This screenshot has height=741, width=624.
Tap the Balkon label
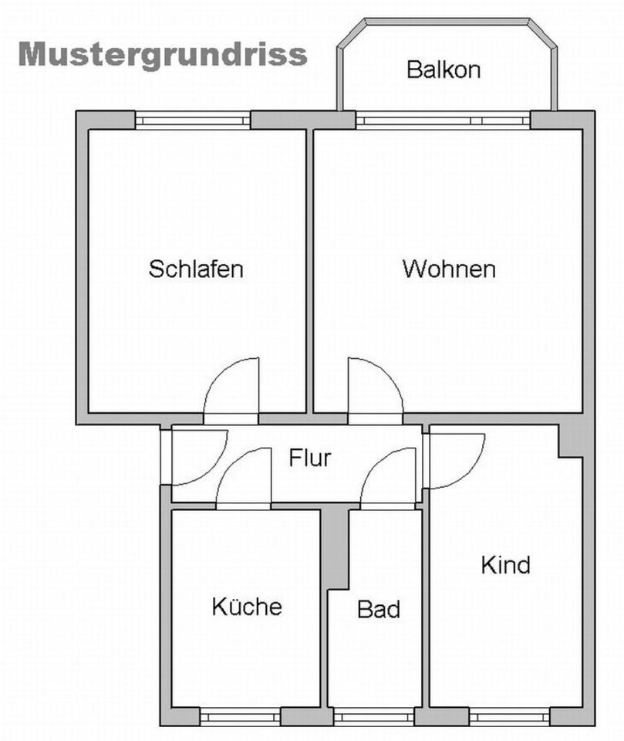click(x=444, y=70)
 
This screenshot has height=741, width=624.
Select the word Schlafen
click(x=196, y=269)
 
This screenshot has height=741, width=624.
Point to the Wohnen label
click(x=448, y=269)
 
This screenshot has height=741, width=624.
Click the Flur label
click(x=310, y=458)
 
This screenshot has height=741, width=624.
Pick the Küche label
click(x=246, y=607)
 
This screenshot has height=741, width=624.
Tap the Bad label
click(x=379, y=610)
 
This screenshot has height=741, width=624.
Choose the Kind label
click(x=505, y=565)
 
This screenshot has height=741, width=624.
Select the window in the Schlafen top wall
click(x=193, y=120)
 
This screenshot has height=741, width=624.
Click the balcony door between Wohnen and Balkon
click(x=443, y=120)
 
